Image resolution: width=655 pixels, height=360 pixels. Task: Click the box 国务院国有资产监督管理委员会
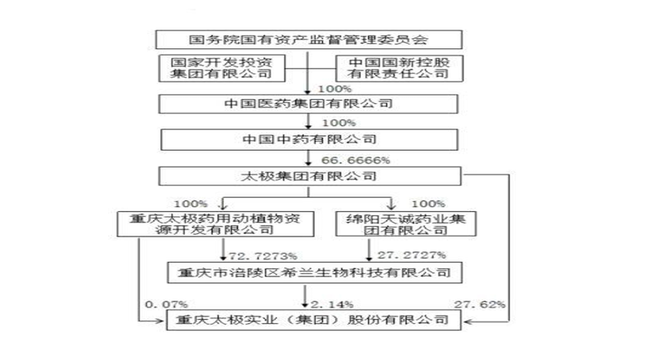[x=309, y=39]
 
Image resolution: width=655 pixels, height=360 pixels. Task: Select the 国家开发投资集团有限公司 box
[x=222, y=68]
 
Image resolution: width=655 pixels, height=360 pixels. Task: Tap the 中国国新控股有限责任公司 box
[x=400, y=68]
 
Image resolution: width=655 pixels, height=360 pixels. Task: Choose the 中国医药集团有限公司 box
[x=309, y=104]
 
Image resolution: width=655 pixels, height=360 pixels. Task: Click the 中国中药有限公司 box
[x=309, y=139]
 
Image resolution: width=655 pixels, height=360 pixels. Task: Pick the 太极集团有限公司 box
[x=309, y=176]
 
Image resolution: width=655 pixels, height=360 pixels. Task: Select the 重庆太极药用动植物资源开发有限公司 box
[x=215, y=224]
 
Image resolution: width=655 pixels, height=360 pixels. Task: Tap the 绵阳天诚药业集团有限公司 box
[x=405, y=224]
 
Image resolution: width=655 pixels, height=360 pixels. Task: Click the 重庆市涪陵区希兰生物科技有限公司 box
[x=314, y=272]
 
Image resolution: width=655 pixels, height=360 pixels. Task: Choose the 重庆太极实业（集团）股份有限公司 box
[x=314, y=321]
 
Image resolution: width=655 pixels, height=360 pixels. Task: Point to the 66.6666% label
[x=355, y=160]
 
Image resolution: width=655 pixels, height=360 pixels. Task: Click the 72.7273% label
[x=263, y=256]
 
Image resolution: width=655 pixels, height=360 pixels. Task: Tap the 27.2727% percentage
[x=412, y=255]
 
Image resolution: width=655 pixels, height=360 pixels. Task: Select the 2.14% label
[x=332, y=304]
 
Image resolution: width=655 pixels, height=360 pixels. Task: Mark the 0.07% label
[x=166, y=304]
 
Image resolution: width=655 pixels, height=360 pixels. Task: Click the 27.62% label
[x=480, y=304]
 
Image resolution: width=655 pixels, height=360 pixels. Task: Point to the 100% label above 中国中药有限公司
[x=339, y=124]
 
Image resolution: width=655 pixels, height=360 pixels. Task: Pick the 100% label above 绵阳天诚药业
[x=428, y=204]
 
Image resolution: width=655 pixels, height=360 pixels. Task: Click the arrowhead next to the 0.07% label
[x=159, y=322]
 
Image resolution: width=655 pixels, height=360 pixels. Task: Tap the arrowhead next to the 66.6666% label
[x=309, y=164]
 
